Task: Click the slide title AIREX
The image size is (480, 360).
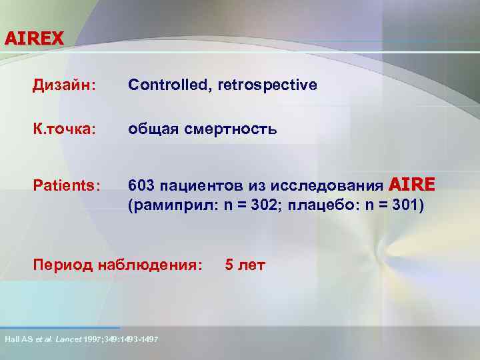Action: coord(34,38)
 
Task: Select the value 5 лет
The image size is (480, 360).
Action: coord(245,265)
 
